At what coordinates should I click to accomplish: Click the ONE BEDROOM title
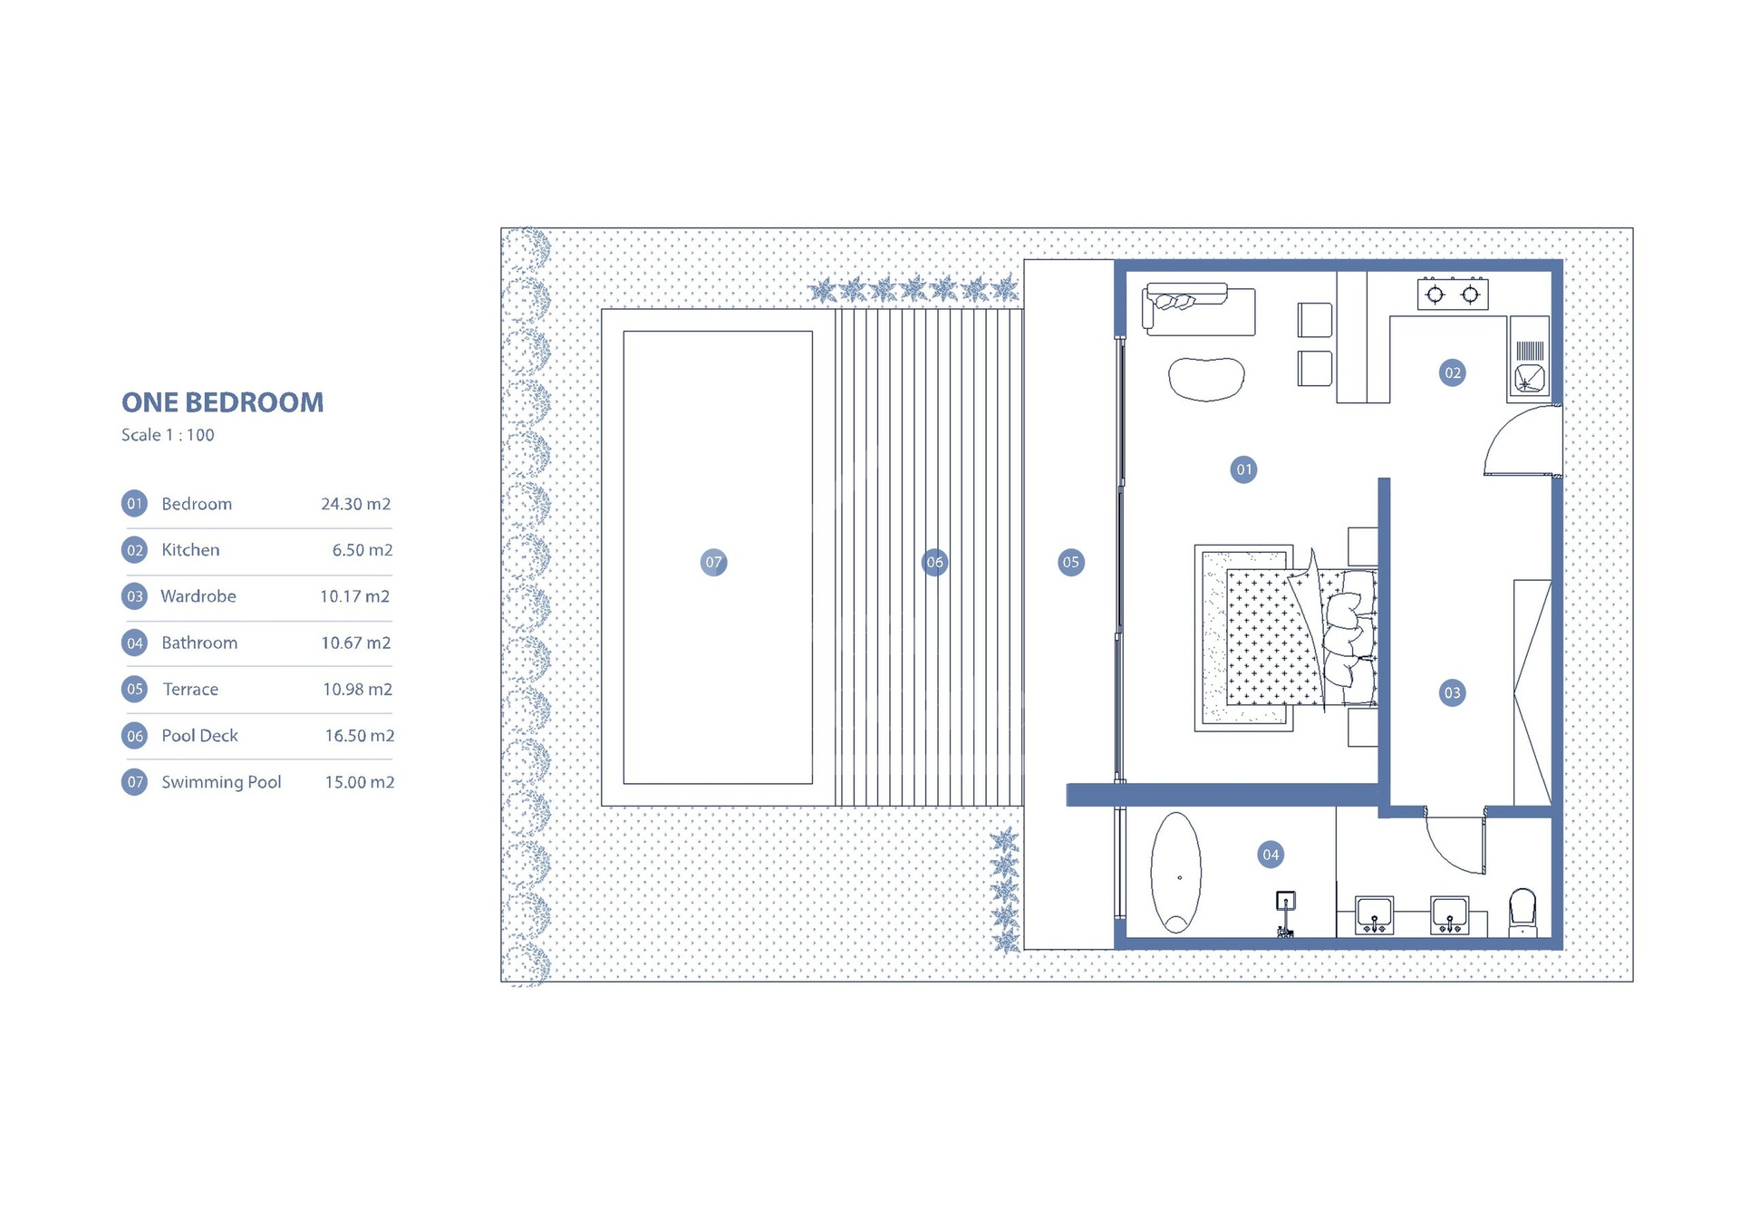223,402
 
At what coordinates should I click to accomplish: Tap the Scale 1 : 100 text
168,435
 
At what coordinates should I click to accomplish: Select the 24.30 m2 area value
356,504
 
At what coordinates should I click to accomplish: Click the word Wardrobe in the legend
198,596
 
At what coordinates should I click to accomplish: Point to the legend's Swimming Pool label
221,782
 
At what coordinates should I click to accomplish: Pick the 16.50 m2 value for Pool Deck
360,736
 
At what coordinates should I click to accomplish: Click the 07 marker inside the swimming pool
714,562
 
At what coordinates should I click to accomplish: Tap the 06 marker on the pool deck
934,562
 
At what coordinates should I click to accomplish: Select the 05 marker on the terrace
1071,562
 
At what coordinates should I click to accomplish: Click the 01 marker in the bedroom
1244,469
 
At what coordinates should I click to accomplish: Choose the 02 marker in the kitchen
1453,372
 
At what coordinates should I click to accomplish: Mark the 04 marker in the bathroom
1271,855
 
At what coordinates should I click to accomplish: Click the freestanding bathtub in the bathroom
1176,872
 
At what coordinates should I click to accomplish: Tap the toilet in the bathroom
1522,912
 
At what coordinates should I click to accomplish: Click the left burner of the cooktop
1435,295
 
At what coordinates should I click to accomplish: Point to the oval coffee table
1206,379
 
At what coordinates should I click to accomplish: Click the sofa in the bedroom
1199,309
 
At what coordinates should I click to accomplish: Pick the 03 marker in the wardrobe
1453,693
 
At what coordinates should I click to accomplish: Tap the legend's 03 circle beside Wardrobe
135,596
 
